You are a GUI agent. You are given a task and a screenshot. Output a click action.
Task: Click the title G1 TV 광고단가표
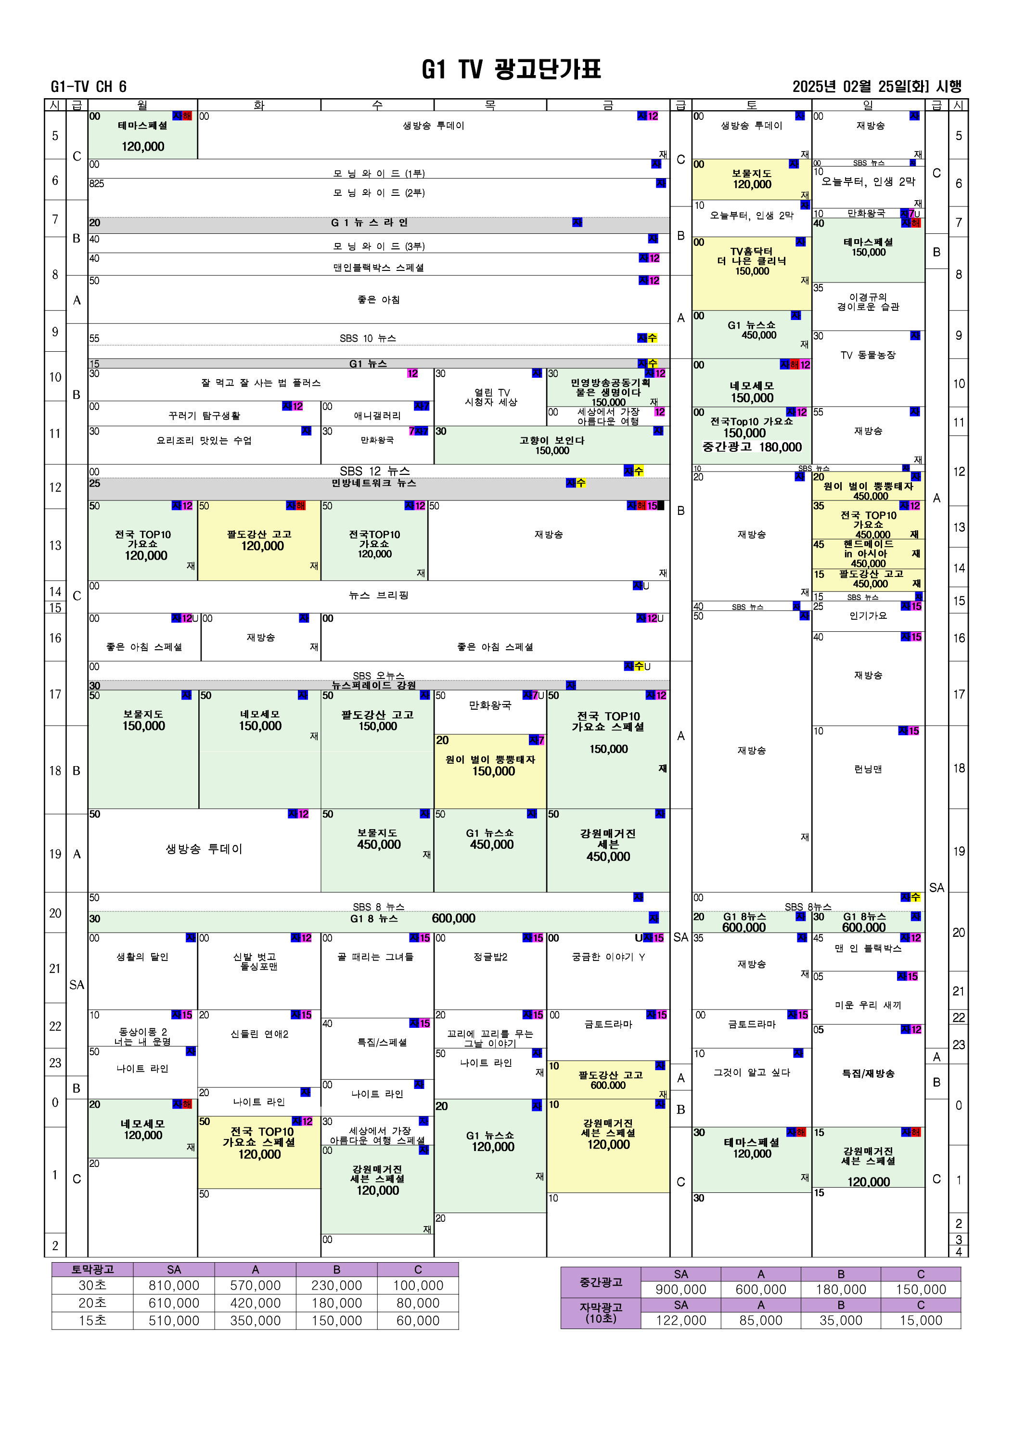(x=511, y=69)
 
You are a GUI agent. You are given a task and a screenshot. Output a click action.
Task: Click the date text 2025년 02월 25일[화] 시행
(x=876, y=87)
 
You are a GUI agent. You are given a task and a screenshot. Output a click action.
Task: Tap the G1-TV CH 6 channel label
(x=89, y=87)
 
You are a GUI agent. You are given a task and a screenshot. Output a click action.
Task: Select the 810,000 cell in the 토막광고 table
(x=174, y=1285)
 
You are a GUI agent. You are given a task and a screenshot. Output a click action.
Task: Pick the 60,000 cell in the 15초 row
(x=418, y=1321)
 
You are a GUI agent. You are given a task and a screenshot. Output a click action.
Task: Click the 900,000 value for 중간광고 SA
(x=680, y=1290)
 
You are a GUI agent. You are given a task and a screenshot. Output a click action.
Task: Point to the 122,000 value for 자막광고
(x=680, y=1320)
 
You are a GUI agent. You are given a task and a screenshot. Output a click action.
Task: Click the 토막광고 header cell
(x=92, y=1269)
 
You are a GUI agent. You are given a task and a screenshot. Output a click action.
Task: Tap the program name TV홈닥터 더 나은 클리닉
(x=752, y=256)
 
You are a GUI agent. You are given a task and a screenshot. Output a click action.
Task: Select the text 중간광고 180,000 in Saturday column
(x=752, y=447)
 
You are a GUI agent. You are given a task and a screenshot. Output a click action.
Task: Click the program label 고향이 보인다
(x=552, y=441)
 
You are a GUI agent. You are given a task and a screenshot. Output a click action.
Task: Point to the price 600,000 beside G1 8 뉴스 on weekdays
(x=453, y=919)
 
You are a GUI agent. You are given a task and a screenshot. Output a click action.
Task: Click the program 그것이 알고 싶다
(x=752, y=1072)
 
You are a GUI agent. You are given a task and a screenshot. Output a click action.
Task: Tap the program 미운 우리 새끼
(x=868, y=1005)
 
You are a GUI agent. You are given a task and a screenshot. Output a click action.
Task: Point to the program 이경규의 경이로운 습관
(x=868, y=302)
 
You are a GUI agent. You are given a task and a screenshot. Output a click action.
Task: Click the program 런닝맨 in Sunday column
(x=868, y=769)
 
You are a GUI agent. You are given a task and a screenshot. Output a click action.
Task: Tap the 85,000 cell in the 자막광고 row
(x=760, y=1320)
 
